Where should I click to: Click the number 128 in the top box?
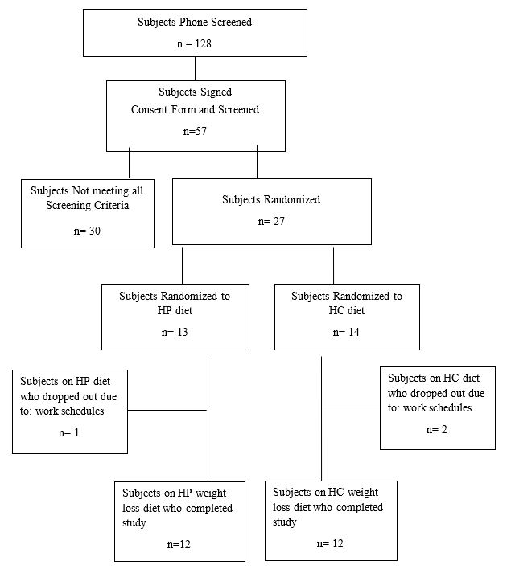(203, 43)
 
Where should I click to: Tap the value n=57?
(195, 132)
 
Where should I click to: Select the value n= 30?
(87, 231)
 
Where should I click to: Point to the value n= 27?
(271, 222)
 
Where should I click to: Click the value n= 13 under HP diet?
(175, 333)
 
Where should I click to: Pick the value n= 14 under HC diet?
(346, 333)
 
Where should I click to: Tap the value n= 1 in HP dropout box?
(68, 433)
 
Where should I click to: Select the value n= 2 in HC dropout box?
(437, 430)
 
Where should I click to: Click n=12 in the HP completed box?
(179, 545)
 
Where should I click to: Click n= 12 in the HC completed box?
(330, 544)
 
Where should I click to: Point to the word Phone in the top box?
(193, 23)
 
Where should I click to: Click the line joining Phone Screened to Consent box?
(196, 68)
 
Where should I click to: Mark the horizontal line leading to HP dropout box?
(167, 410)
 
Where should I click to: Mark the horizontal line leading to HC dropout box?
(351, 411)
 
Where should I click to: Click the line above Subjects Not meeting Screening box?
(129, 163)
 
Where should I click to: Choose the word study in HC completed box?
(285, 522)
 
